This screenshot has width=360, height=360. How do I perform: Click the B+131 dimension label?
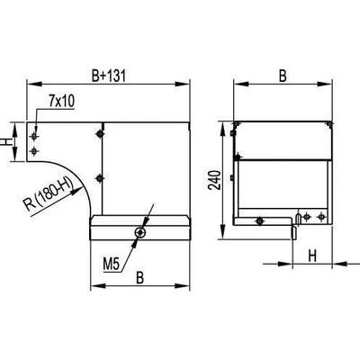(x=108, y=76)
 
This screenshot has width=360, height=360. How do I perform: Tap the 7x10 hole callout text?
(x=61, y=102)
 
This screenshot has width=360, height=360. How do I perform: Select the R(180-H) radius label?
(x=49, y=193)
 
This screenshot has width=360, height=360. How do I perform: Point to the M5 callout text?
(x=112, y=265)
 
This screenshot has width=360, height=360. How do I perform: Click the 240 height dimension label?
(x=215, y=180)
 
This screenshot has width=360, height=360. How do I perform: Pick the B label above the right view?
(x=283, y=76)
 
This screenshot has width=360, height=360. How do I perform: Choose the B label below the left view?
(x=139, y=278)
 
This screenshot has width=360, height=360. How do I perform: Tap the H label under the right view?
(x=312, y=256)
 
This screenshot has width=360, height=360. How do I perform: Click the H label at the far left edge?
(x=4, y=141)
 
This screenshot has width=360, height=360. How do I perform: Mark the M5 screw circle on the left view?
(x=140, y=232)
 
